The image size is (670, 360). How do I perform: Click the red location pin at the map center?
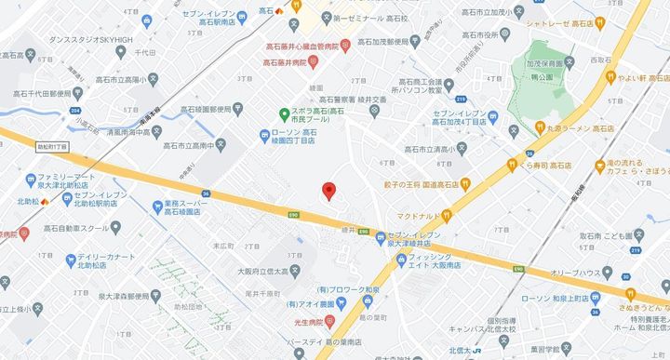(x=328, y=192)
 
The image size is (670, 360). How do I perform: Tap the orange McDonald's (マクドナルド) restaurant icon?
(x=448, y=215)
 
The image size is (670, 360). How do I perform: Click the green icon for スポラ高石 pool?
(x=286, y=113)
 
